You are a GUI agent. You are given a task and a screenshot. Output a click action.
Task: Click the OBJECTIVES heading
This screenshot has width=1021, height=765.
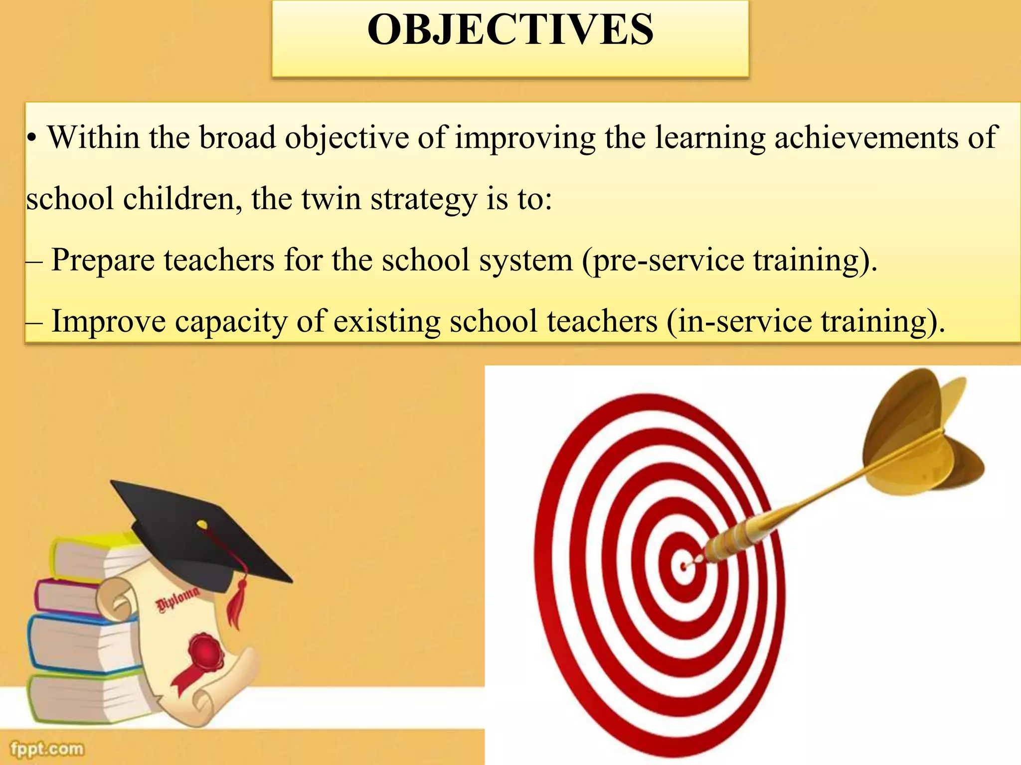point(510,30)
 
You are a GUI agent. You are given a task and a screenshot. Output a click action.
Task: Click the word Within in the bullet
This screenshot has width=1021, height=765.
point(93,137)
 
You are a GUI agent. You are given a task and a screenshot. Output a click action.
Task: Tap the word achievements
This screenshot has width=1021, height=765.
point(866,137)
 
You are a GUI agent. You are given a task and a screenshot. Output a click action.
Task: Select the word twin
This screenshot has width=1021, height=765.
point(332,199)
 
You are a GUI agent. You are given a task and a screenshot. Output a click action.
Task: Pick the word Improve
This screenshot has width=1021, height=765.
point(108,321)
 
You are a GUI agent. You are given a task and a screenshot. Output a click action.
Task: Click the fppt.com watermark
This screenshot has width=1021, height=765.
point(47,749)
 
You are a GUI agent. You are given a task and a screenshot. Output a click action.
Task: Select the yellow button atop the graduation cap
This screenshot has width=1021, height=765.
point(202,524)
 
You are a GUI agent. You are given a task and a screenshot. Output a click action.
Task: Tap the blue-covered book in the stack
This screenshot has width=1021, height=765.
point(75,642)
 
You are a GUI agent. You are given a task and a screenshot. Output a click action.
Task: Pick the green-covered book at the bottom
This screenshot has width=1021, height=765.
point(80,697)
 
